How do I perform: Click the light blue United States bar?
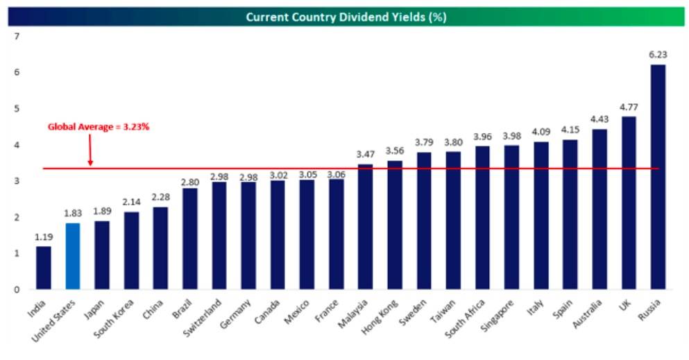(x=72, y=256)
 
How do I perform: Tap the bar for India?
(x=43, y=268)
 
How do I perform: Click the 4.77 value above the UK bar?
(x=629, y=108)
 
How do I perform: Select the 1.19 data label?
(x=43, y=237)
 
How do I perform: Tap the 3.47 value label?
(x=365, y=155)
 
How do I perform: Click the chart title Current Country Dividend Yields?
(x=346, y=17)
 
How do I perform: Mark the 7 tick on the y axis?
(x=17, y=36)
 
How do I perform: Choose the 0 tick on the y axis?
(x=17, y=289)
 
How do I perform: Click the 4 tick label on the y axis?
(x=17, y=145)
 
